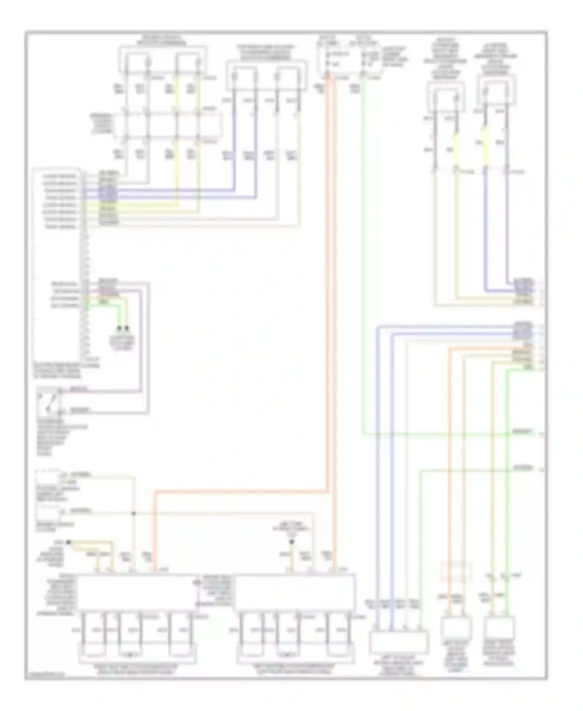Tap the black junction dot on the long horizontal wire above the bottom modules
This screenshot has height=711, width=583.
tap(134, 513)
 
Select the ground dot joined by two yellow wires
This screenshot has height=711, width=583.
tap(68, 541)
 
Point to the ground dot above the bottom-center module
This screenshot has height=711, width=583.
tap(292, 541)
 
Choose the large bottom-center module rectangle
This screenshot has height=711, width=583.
tap(295, 592)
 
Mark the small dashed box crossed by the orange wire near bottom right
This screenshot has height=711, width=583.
tap(456, 571)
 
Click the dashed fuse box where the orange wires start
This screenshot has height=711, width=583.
tap(344, 58)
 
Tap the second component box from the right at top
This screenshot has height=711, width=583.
tap(446, 97)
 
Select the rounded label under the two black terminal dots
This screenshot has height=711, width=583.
tap(122, 342)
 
